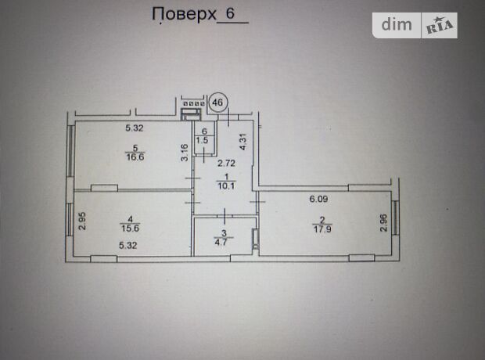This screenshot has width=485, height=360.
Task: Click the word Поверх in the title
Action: tap(184, 15)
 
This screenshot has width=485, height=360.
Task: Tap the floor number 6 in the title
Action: tap(231, 13)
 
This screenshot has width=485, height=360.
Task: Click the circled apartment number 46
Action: tap(217, 102)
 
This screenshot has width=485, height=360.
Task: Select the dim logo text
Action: tap(397, 24)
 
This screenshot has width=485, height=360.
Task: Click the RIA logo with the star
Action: tap(440, 26)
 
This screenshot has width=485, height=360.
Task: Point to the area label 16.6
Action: tap(135, 157)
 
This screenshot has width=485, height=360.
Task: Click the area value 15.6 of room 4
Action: tap(130, 229)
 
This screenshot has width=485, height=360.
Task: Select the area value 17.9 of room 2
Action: tap(322, 229)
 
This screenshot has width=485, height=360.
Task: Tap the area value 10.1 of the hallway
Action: tap(226, 186)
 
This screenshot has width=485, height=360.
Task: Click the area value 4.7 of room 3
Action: tap(222, 242)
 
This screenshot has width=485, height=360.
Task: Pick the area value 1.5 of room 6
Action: tap(202, 140)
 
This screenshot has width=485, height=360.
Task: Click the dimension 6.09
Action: tap(318, 199)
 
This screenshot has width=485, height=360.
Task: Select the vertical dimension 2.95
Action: tap(82, 221)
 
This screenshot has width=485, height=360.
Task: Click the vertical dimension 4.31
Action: tap(243, 142)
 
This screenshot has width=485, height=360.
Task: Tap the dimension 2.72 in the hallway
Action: tap(226, 163)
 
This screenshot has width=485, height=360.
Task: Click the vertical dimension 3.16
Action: tap(185, 153)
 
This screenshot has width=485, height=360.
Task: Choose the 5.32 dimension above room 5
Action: tap(135, 128)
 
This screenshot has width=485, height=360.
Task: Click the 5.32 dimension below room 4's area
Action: tap(128, 246)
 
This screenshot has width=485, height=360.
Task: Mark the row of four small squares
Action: tap(194, 104)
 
